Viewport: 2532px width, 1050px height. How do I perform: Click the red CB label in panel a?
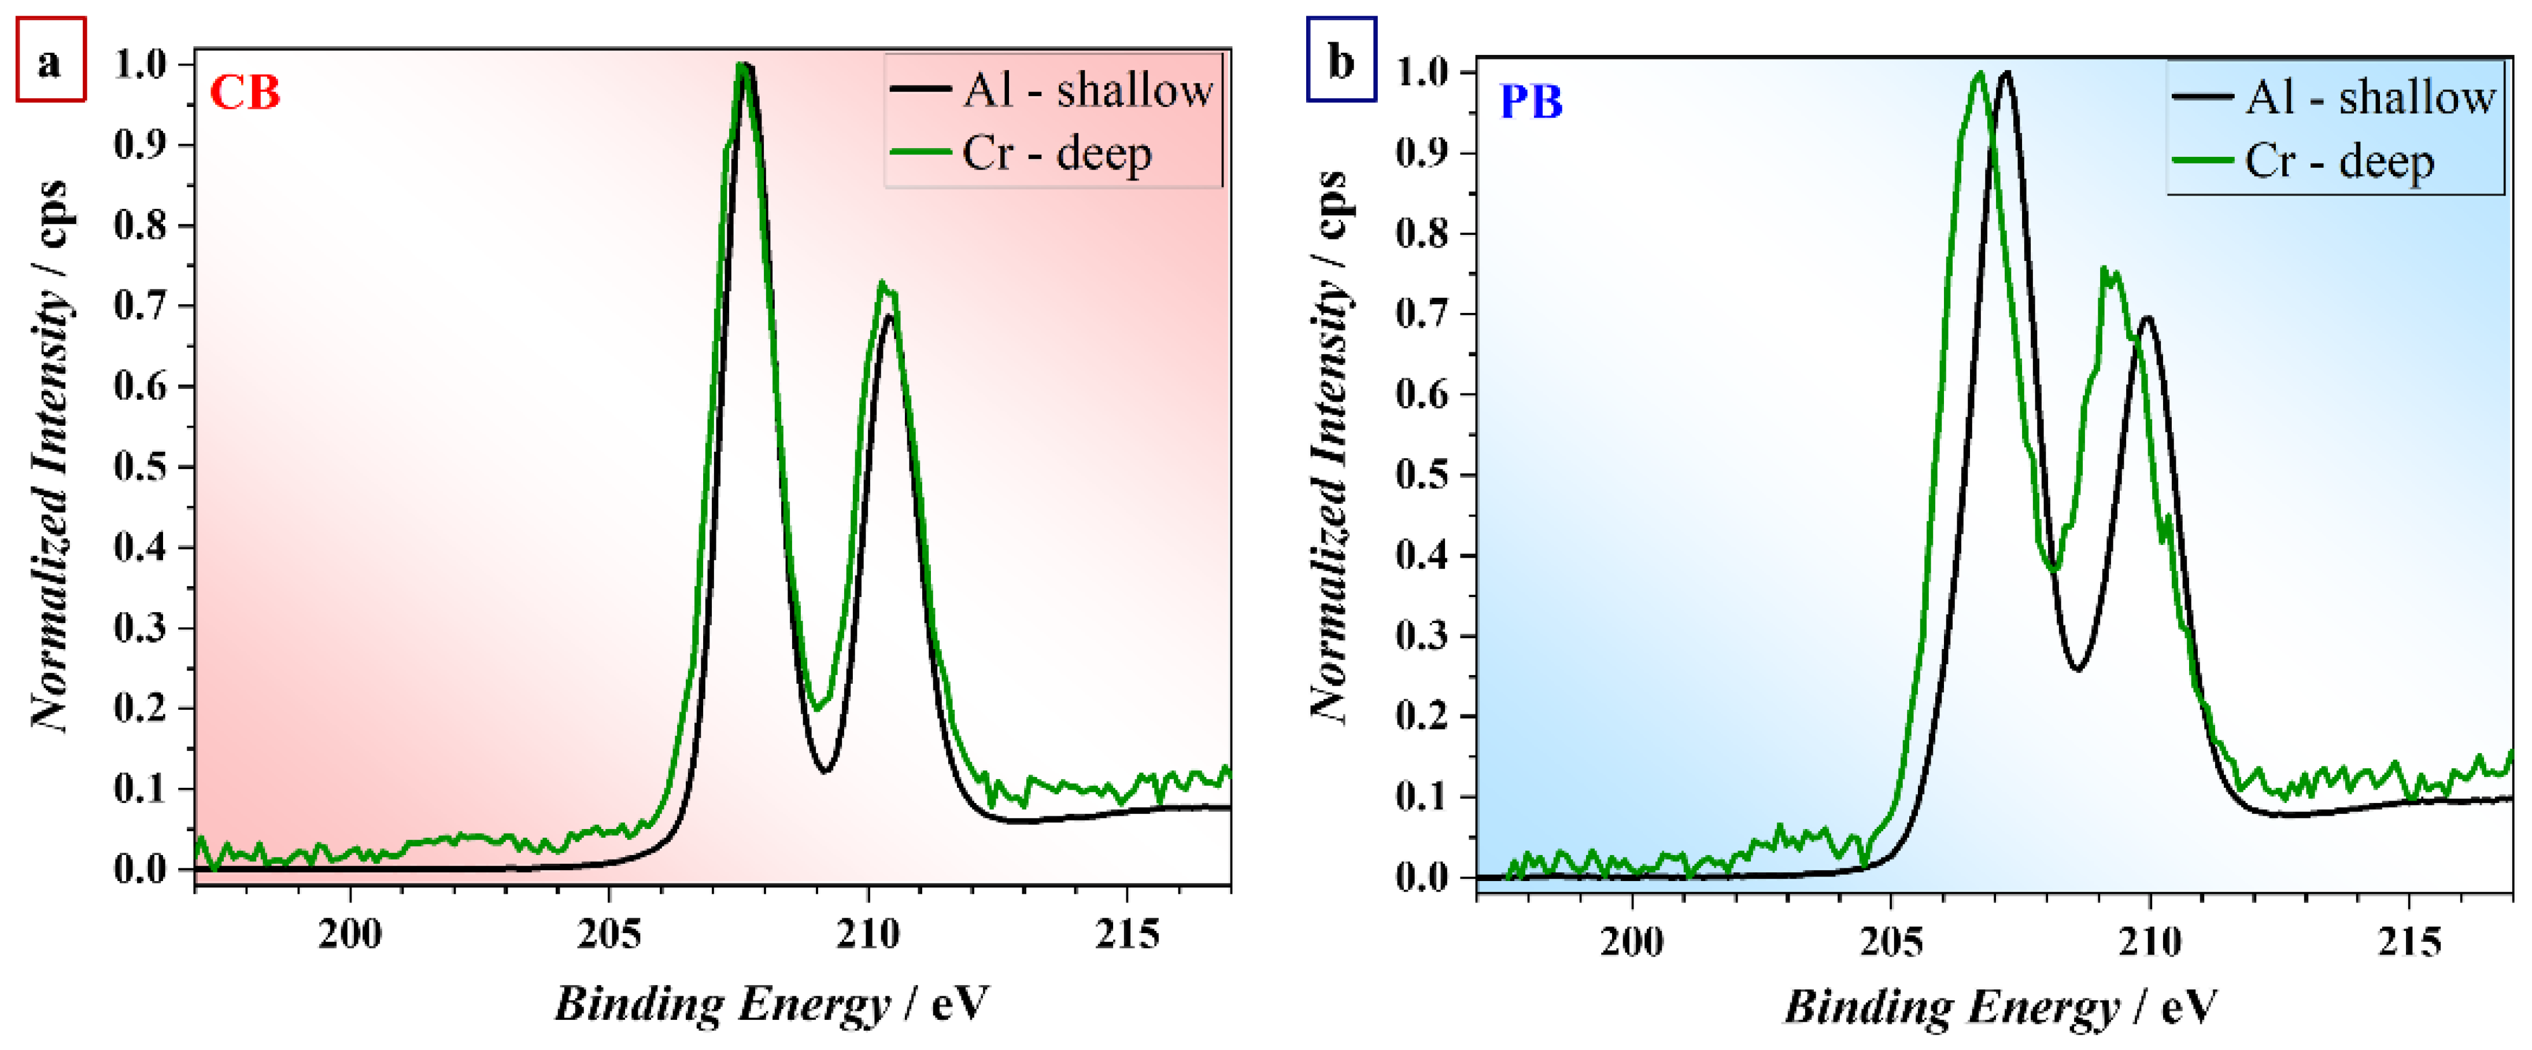[245, 93]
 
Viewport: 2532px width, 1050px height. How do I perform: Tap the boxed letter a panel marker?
[50, 61]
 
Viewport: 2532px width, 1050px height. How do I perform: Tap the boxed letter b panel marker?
[1341, 60]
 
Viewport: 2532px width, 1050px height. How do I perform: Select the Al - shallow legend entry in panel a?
[1052, 90]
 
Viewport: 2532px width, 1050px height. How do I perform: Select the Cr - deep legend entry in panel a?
[1022, 153]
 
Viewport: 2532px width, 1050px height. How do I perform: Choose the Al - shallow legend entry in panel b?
[2334, 97]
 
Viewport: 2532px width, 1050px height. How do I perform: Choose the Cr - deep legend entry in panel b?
[2305, 162]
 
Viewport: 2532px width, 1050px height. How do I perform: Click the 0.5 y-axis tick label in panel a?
[141, 466]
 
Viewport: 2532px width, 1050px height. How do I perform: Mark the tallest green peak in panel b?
[1980, 73]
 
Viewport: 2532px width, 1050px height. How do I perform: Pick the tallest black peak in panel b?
[2006, 73]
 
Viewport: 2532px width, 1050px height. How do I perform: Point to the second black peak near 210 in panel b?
[2147, 318]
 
